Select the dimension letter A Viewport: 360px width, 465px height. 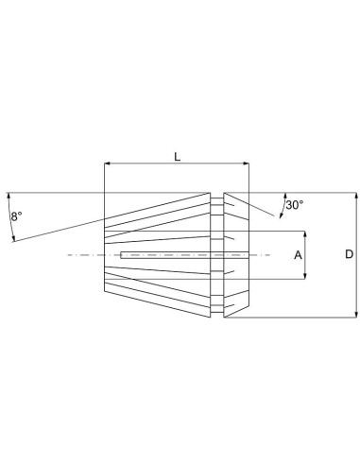(x=297, y=255)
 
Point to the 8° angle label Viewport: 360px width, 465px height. (x=16, y=216)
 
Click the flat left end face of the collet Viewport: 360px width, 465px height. (x=103, y=255)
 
